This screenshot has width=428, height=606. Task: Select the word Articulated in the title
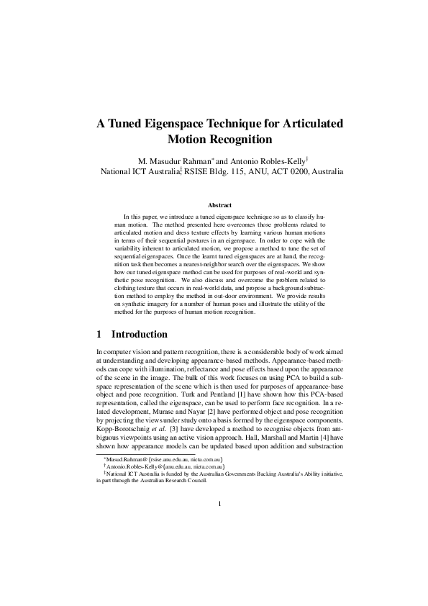point(296,123)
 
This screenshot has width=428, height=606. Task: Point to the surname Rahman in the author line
point(196,160)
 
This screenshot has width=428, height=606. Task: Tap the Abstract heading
point(214,205)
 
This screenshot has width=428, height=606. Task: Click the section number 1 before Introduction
point(99,334)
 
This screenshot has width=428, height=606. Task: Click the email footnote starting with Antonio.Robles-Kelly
point(165,466)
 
